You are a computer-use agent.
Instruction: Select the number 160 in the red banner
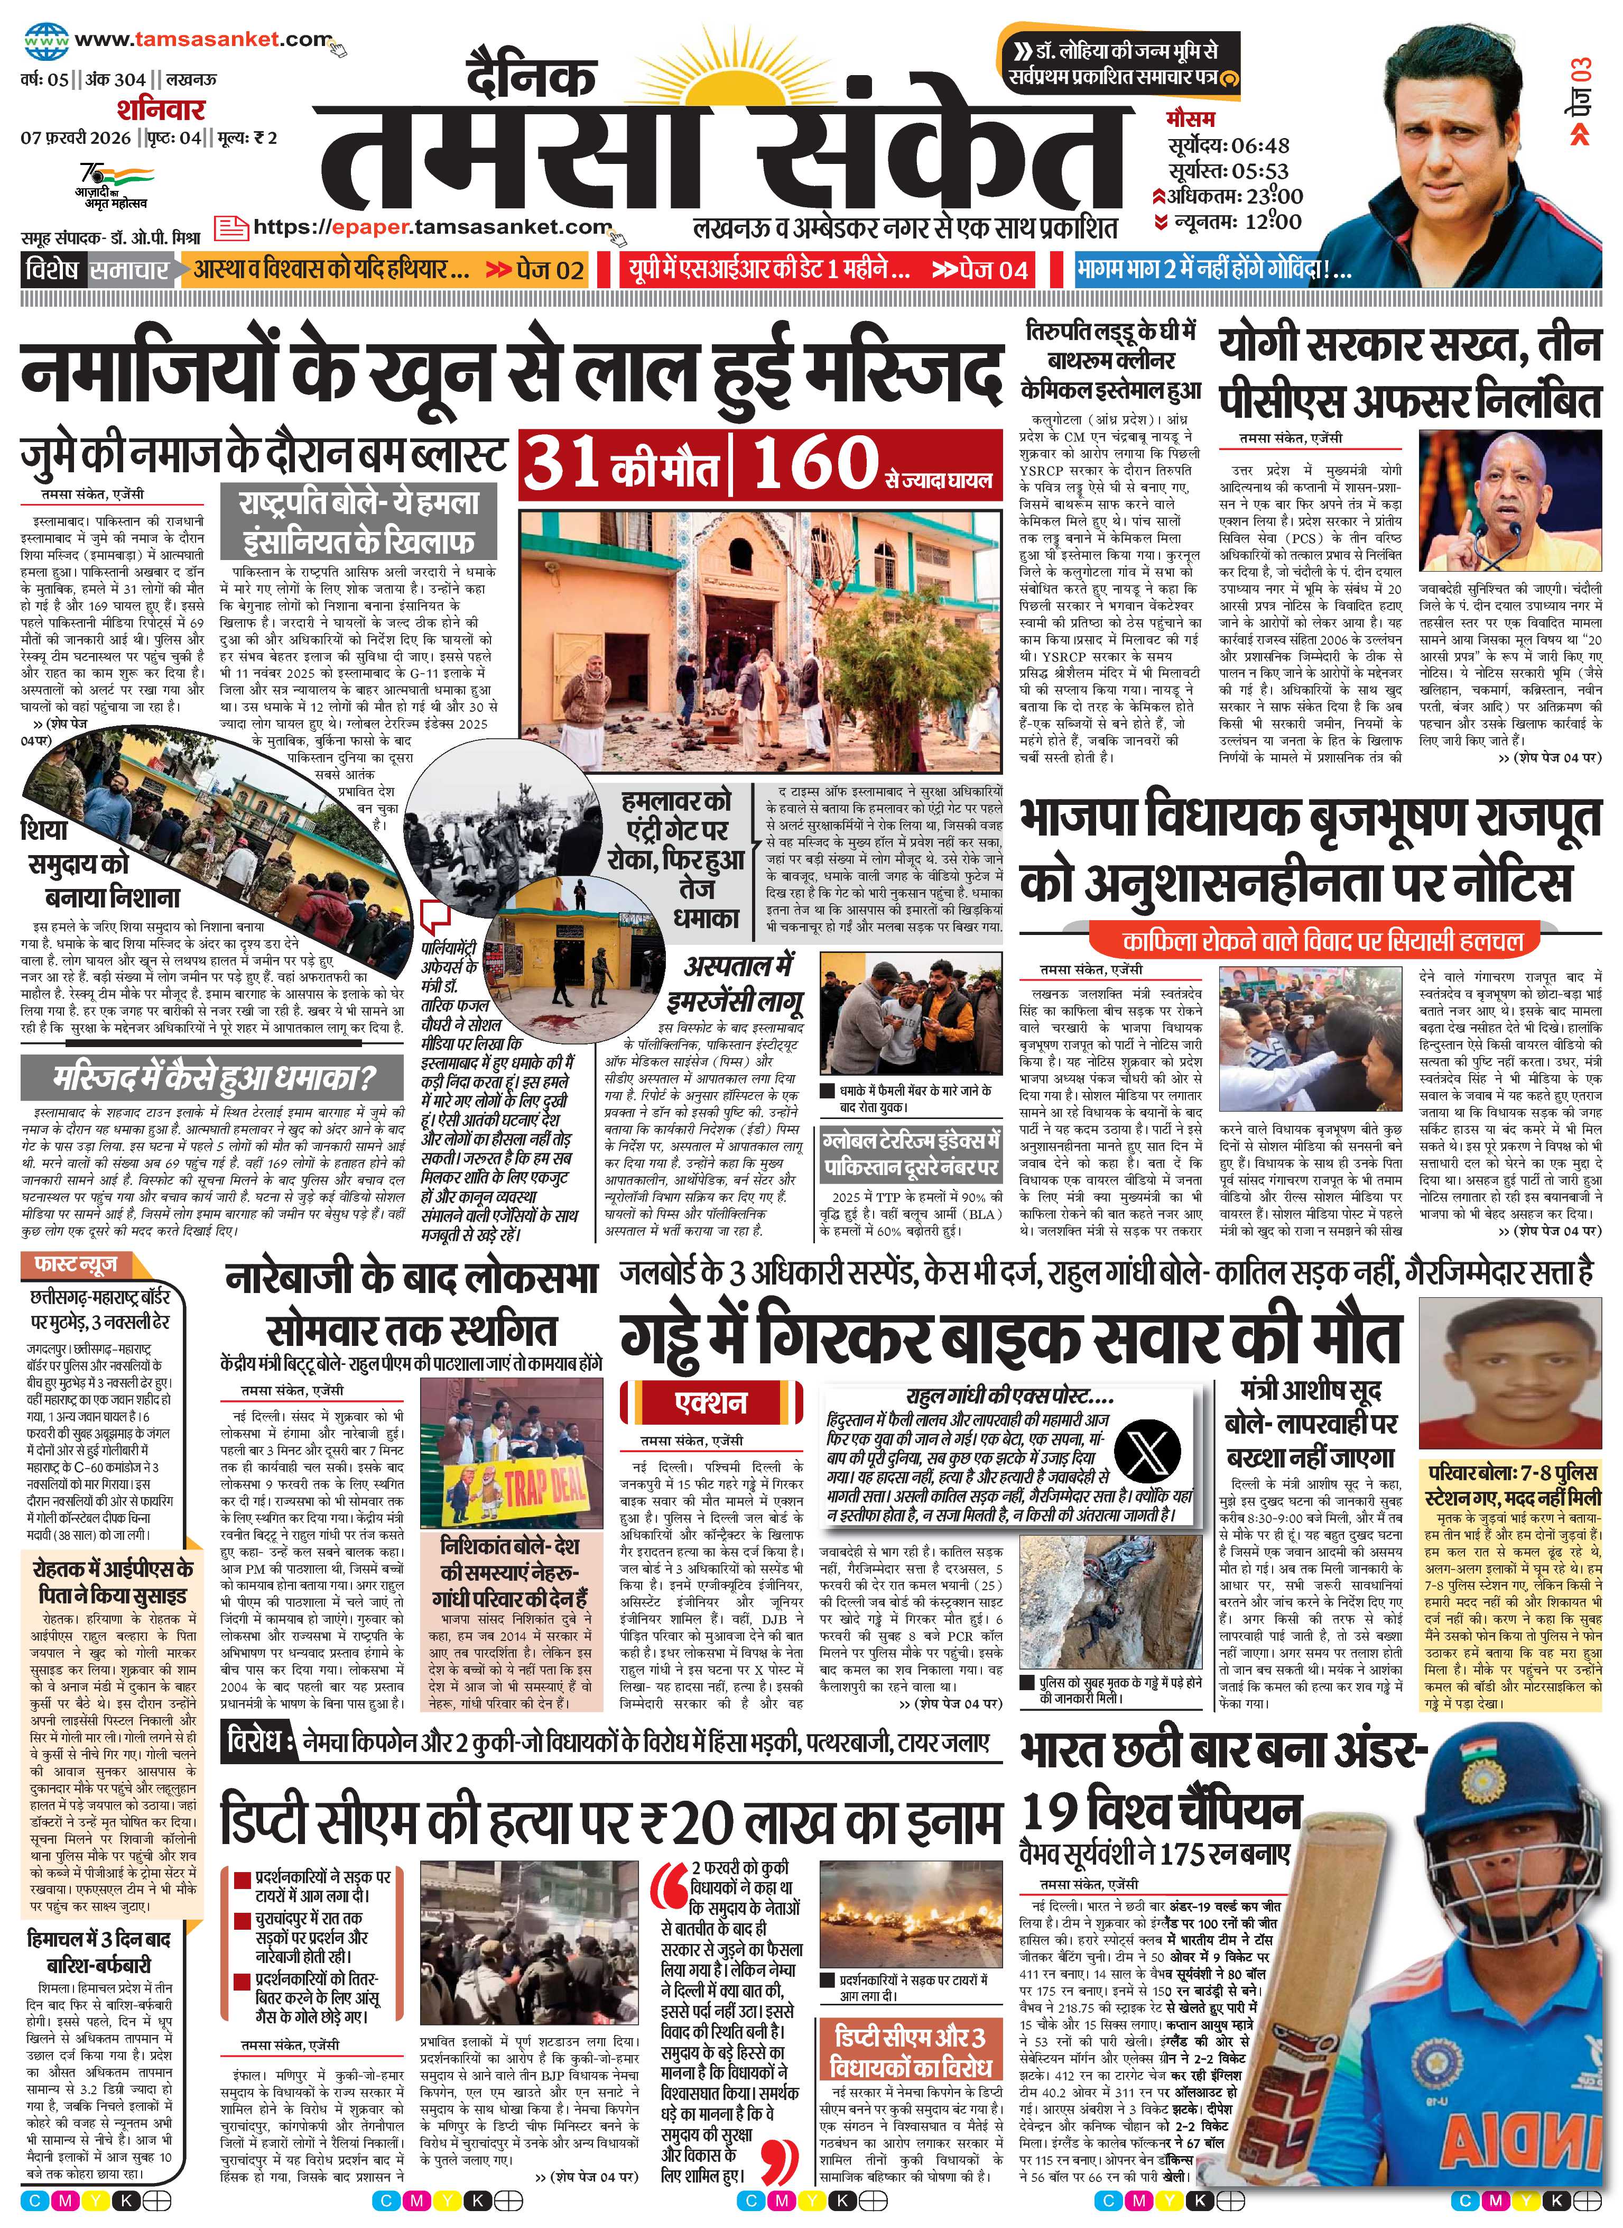tap(815, 462)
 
